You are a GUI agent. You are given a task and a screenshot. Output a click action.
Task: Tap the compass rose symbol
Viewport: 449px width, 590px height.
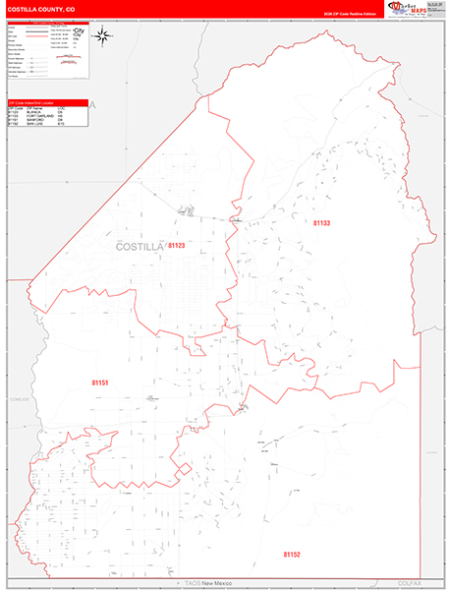tap(103, 36)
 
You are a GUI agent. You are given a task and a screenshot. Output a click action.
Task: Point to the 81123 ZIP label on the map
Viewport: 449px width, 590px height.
tap(177, 245)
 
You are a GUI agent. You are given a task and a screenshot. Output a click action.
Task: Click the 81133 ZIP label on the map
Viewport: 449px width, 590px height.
tap(322, 223)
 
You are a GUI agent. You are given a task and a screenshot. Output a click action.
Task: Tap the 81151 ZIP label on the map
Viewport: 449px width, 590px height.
tap(100, 382)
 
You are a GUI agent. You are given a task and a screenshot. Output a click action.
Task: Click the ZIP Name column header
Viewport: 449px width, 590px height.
tap(37, 108)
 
